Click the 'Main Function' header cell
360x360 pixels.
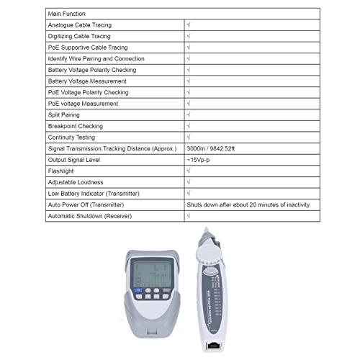(66, 14)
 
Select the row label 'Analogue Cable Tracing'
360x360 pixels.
(80, 25)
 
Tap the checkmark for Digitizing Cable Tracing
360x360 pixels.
(189, 36)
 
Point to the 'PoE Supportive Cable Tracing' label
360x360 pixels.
(89, 48)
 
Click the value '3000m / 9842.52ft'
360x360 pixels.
(218, 148)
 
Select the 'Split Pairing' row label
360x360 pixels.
(65, 115)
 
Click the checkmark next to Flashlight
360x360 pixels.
(189, 171)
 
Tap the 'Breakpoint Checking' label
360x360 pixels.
(75, 126)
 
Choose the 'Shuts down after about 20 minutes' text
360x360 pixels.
(248, 204)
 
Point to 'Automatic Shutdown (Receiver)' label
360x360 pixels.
(89, 216)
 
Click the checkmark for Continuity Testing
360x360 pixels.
(189, 138)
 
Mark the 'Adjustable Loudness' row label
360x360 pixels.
(76, 182)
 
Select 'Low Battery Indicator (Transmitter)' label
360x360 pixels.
(94, 194)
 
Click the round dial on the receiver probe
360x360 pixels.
(206, 253)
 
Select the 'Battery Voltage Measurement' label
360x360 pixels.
(87, 81)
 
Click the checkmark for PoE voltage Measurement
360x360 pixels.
(189, 104)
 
